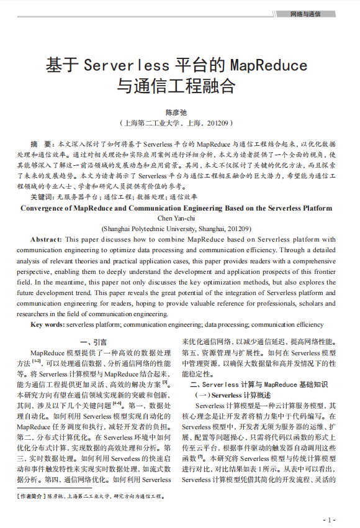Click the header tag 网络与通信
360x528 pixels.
305,14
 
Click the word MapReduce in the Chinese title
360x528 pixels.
268,65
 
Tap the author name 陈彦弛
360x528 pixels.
179,112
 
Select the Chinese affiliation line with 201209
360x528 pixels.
179,123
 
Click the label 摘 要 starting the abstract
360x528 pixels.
41,143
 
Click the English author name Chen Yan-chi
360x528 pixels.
179,217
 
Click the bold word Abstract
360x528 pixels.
45,239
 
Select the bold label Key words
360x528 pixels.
47,324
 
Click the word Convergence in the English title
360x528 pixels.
48,208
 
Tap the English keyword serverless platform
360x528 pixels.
92,324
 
